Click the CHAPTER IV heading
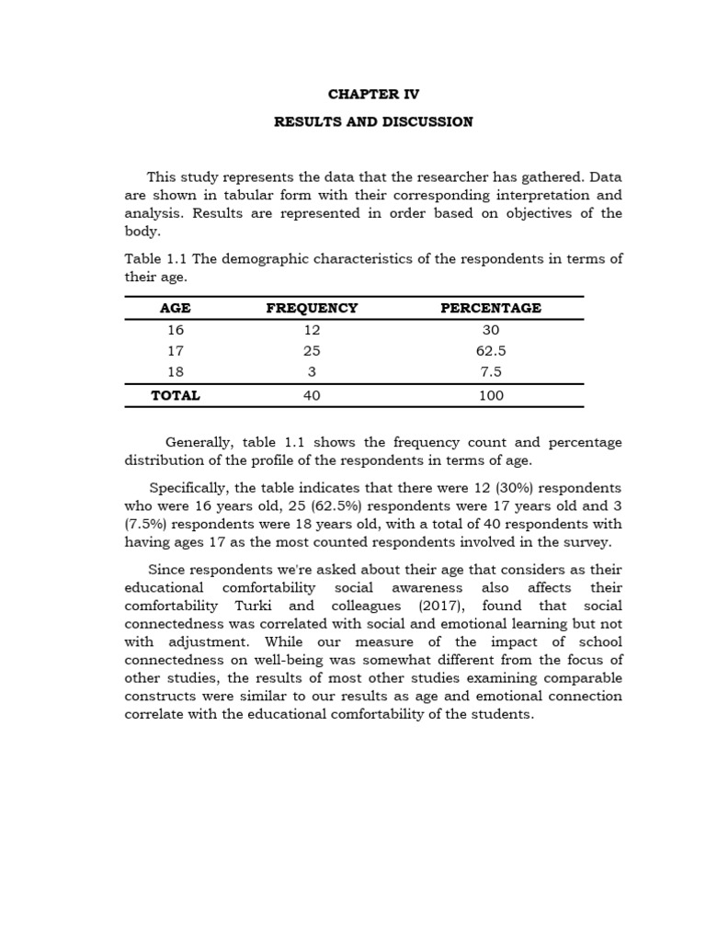[373, 95]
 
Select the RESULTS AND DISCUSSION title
[373, 121]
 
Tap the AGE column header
[176, 308]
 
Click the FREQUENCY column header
[312, 308]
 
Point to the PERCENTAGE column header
[491, 308]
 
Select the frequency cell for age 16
[312, 330]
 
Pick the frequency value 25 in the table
[312, 351]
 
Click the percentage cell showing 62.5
[491, 351]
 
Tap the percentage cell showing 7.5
[491, 373]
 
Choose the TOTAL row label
[176, 396]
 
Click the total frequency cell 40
[312, 396]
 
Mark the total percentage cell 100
[491, 396]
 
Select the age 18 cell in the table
[176, 373]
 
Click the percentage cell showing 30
[491, 330]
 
